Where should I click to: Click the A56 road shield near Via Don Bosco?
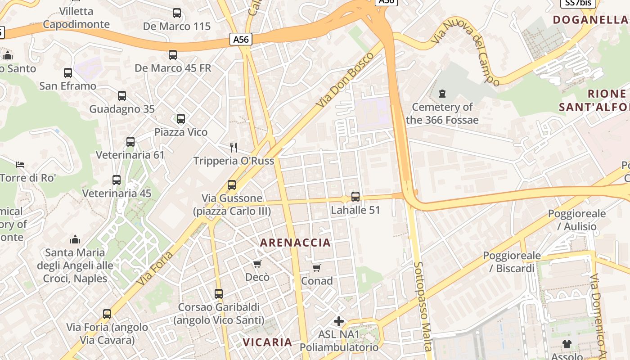[x=241, y=39]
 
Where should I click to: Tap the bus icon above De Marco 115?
[x=177, y=13]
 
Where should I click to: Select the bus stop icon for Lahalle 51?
[x=355, y=196]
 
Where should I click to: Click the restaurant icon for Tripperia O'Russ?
[x=234, y=147]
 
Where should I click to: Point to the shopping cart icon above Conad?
[x=317, y=268]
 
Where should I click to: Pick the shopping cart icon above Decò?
[x=257, y=264]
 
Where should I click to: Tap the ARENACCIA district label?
[x=295, y=243]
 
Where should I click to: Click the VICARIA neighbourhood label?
[x=267, y=342]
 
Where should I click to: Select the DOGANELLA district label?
[x=590, y=20]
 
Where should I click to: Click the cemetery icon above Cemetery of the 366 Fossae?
[x=442, y=94]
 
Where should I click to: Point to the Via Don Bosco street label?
[x=345, y=80]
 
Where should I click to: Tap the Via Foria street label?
[x=156, y=268]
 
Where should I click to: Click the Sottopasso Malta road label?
[x=423, y=306]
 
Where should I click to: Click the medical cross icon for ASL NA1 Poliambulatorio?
[x=339, y=321]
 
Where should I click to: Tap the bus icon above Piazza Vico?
[x=181, y=119]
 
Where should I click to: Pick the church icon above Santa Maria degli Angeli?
[x=75, y=239]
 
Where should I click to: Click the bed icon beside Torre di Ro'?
[x=20, y=164]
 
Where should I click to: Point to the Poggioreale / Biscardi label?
[x=512, y=262]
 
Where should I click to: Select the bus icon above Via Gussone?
[x=232, y=184]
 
